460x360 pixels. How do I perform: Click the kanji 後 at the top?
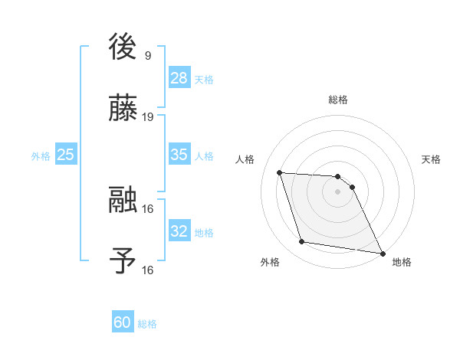pos(123,47)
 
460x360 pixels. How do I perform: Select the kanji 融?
pos(123,200)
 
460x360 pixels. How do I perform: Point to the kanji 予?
pos(123,261)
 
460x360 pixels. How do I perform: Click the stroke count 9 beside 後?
pos(147,56)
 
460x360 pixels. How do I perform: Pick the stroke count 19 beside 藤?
pos(148,117)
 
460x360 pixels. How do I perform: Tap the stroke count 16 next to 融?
pos(148,208)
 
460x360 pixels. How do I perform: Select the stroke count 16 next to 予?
pos(148,270)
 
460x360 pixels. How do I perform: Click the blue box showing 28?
pos(179,78)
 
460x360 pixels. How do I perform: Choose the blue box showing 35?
pos(179,155)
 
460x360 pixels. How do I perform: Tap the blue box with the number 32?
pos(179,231)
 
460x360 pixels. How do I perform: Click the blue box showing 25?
pos(66,155)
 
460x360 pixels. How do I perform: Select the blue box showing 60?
pos(123,322)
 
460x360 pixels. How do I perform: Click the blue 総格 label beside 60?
pos(147,324)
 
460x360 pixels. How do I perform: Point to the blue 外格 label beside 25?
pos(41,156)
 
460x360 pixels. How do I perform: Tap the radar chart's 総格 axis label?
pos(338,100)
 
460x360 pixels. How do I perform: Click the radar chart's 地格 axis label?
pos(402,262)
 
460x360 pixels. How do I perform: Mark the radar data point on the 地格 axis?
pos(382,253)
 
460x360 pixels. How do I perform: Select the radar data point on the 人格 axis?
pos(280,172)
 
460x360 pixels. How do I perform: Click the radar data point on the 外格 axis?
pos(302,242)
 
